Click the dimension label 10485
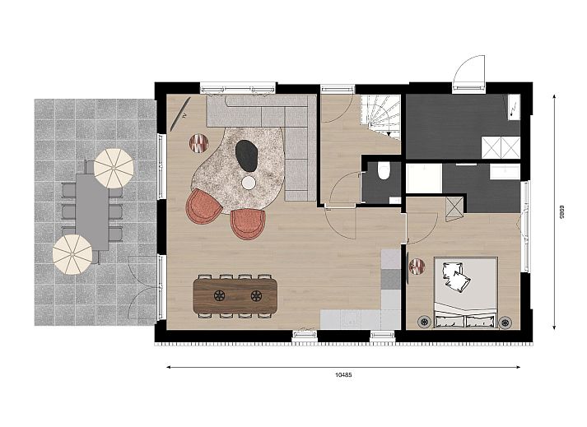[x=343, y=374]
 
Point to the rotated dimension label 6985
[x=561, y=211]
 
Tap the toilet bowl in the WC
[x=384, y=171]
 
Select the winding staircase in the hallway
[x=380, y=116]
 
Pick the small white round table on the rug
[x=249, y=183]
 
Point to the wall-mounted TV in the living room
[x=180, y=114]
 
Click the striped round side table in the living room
[x=198, y=142]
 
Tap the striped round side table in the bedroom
[x=417, y=267]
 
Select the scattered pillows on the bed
[x=455, y=276]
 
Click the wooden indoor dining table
[x=235, y=295]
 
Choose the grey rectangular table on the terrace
[x=92, y=211]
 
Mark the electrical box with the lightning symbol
[x=514, y=107]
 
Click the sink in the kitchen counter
[x=351, y=318]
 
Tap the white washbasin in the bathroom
[x=505, y=173]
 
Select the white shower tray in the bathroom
[x=424, y=179]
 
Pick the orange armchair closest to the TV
[x=203, y=207]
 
